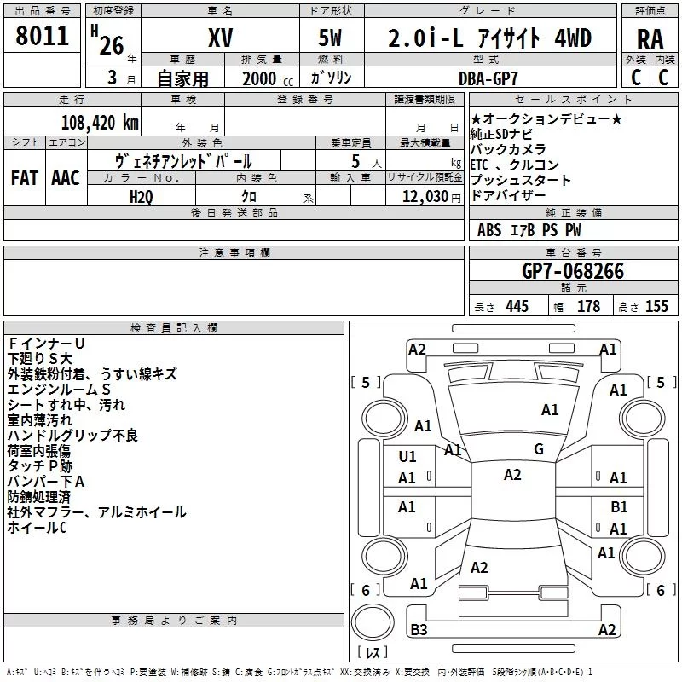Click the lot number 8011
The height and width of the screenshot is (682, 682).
coord(42,36)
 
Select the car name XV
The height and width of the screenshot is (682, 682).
coord(221,38)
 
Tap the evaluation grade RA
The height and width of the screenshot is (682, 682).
coord(650,39)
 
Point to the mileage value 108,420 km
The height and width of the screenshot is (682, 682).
coord(100,123)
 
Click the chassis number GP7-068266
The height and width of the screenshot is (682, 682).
coord(573,271)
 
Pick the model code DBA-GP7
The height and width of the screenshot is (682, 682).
coord(488,78)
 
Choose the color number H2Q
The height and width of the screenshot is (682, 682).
coord(142,197)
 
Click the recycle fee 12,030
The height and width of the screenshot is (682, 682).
coord(425,197)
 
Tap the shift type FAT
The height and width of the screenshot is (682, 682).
coord(25,178)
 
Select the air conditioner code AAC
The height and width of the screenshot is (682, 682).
coord(66,178)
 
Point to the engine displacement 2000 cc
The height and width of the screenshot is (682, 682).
coord(268,79)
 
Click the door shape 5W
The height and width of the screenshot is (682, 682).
coord(331,38)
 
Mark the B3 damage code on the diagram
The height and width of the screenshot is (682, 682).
coord(419,629)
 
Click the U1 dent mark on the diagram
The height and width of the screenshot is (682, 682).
coord(407,457)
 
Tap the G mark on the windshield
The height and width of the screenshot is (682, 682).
coord(539,449)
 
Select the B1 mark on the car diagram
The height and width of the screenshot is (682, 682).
coord(619,506)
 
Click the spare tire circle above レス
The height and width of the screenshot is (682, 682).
coord(373,621)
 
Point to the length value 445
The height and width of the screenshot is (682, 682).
coord(517,306)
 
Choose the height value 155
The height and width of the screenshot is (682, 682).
coord(656,306)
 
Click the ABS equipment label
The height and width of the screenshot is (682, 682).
coord(489,230)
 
